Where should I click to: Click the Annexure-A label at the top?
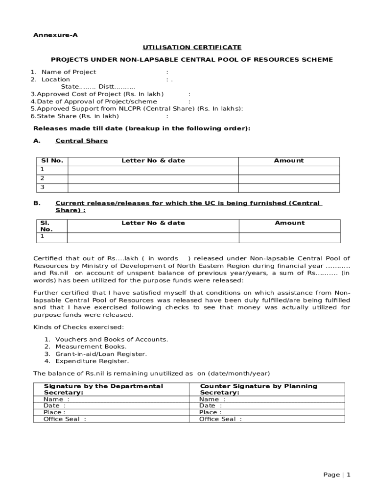(55, 35)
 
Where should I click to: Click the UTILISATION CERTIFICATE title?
(192, 48)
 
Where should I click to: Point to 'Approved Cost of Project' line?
(97, 94)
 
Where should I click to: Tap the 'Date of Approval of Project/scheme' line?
(94, 101)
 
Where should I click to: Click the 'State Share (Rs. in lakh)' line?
(74, 116)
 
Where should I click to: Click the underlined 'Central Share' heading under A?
(81, 141)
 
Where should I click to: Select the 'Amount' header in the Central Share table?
(289, 161)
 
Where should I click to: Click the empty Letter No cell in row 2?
(153, 179)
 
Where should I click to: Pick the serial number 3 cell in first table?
(52, 187)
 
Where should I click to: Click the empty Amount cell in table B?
(289, 237)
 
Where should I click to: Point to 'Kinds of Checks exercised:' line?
(78, 327)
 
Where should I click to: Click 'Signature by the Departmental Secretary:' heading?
(103, 389)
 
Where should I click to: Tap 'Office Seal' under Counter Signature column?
(220, 419)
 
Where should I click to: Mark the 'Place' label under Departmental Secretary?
(54, 412)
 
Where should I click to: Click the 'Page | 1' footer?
(337, 475)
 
